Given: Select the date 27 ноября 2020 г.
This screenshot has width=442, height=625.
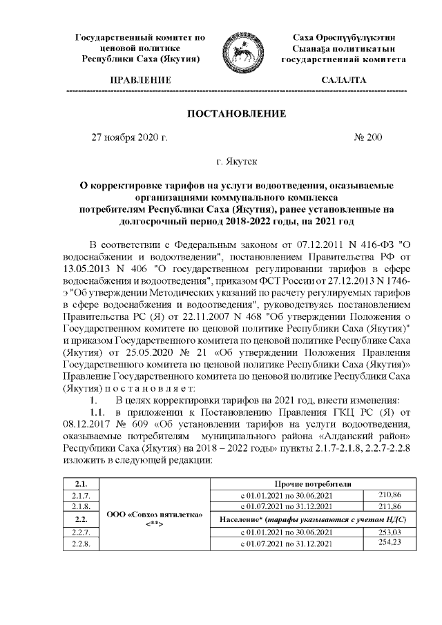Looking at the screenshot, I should coord(130,137).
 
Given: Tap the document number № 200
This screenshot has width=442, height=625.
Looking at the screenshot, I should coord(367,137).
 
